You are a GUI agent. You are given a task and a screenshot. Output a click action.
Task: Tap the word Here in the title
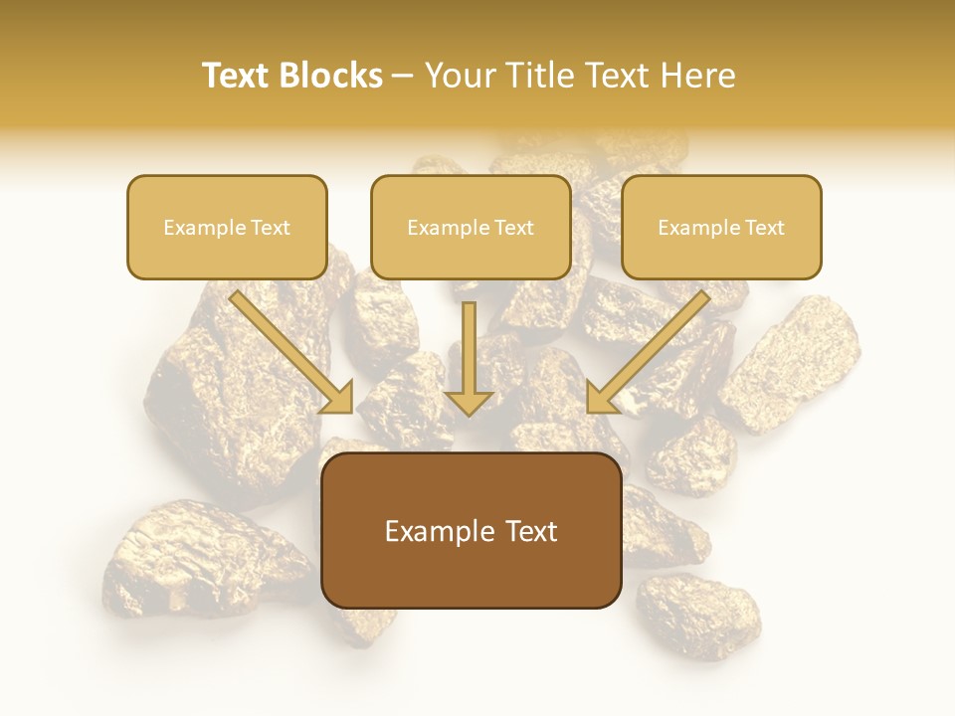click(x=695, y=76)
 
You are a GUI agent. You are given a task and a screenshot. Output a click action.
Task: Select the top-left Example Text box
click(x=227, y=228)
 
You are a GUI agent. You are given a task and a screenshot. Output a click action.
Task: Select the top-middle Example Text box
click(x=471, y=228)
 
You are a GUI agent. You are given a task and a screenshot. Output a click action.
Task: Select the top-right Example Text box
click(x=721, y=228)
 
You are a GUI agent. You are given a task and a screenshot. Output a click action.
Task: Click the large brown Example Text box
click(x=471, y=531)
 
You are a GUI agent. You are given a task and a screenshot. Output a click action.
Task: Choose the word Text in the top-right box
click(x=764, y=228)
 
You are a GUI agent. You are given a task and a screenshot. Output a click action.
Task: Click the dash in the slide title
click(x=403, y=77)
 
